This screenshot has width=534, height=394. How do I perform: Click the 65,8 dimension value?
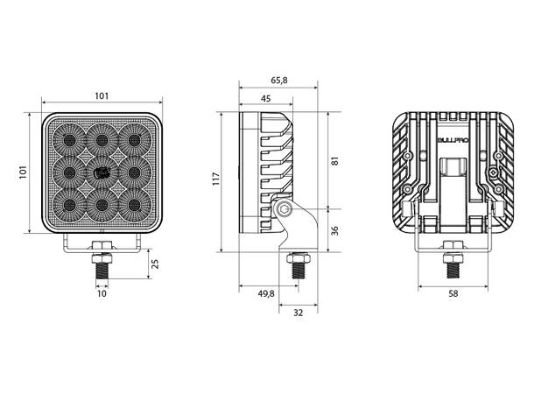(279, 80)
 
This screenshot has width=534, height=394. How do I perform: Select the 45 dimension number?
(265, 98)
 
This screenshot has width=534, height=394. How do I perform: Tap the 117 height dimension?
(216, 179)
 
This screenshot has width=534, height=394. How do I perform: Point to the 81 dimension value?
(335, 161)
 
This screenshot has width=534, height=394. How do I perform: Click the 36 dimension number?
(335, 230)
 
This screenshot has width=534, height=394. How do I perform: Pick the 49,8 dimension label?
(266, 293)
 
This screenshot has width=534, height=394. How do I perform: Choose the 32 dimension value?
(298, 313)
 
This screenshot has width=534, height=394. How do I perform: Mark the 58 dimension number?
(453, 293)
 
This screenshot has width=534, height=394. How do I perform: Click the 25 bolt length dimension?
(155, 264)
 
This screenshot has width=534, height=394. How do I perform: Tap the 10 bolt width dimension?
(102, 293)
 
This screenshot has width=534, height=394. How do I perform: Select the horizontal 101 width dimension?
(102, 95)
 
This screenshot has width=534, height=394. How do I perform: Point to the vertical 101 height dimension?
(23, 172)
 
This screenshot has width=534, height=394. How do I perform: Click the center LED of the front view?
(102, 173)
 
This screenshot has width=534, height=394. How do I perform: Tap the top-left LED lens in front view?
(69, 139)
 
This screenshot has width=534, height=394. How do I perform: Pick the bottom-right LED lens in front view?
(135, 205)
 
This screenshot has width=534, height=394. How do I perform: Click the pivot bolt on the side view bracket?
(284, 208)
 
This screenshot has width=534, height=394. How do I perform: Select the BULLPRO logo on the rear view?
(453, 140)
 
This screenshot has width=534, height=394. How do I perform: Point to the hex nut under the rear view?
(453, 245)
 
